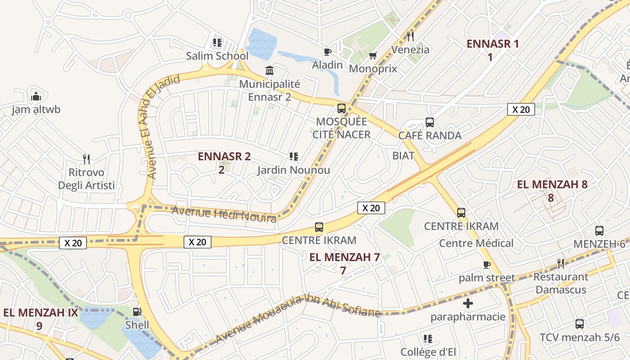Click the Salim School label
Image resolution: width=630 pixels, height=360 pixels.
(217, 56)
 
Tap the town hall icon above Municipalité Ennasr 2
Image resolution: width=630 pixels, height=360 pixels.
(270, 70)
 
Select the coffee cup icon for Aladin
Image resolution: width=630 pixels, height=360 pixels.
(328, 52)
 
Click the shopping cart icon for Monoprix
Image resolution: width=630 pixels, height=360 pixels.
(373, 55)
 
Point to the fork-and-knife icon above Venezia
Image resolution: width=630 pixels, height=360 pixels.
(410, 36)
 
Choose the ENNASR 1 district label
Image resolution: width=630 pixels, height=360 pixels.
(492, 44)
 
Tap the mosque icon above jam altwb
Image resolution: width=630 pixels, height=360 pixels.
(36, 96)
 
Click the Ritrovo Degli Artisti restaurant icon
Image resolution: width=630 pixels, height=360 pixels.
(86, 159)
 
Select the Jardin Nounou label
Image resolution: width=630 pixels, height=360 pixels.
(294, 170)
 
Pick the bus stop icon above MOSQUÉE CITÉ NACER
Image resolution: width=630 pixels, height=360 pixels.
(342, 108)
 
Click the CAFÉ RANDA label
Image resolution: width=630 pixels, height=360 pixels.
(430, 135)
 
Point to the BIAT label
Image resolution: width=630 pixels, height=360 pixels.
(403, 156)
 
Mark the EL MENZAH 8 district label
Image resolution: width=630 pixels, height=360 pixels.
(552, 184)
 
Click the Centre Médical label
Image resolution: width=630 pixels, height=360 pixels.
(476, 243)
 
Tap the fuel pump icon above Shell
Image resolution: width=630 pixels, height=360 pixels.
(137, 311)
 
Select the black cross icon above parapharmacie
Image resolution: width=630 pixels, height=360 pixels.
(468, 303)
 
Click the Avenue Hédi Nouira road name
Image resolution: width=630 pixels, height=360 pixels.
(224, 214)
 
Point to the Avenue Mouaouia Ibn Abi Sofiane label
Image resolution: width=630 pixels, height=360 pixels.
(298, 318)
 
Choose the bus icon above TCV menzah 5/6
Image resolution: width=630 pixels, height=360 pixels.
(580, 324)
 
